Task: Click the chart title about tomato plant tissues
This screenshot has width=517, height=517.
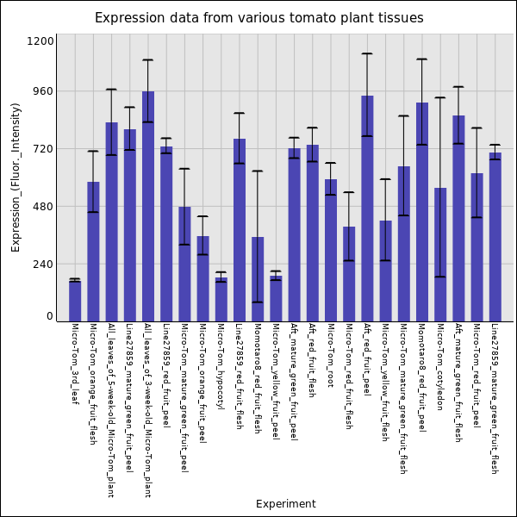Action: tap(259, 18)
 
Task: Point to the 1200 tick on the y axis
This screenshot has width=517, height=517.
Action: tap(40, 41)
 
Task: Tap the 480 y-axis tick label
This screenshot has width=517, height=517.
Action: tap(42, 207)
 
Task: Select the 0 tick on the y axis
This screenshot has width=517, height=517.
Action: tap(50, 316)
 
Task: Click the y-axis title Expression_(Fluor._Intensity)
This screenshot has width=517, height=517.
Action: tap(16, 178)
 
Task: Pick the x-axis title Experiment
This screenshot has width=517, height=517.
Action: tap(286, 504)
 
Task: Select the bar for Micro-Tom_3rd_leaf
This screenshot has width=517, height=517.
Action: tap(75, 302)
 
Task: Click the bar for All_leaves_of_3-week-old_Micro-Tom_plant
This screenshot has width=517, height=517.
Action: tap(148, 207)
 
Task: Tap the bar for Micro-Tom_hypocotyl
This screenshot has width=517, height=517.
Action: tap(221, 299)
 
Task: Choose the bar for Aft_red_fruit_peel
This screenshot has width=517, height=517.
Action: tap(367, 209)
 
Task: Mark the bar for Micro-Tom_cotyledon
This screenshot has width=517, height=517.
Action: tap(440, 255)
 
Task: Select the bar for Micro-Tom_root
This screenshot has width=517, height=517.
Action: tap(331, 251)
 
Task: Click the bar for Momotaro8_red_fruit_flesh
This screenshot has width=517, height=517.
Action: tap(258, 279)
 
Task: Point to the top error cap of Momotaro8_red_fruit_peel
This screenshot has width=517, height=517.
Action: tap(422, 59)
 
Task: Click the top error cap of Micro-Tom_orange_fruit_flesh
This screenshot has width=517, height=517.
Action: tap(93, 151)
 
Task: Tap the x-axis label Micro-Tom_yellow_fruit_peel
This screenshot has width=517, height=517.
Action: tap(276, 382)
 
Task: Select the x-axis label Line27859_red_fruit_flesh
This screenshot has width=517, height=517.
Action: tap(240, 377)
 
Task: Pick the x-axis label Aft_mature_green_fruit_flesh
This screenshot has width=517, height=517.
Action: tap(458, 383)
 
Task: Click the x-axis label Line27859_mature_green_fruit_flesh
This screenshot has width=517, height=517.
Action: tap(495, 399)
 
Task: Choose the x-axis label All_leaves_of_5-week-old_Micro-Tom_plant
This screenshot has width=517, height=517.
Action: tap(111, 410)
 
